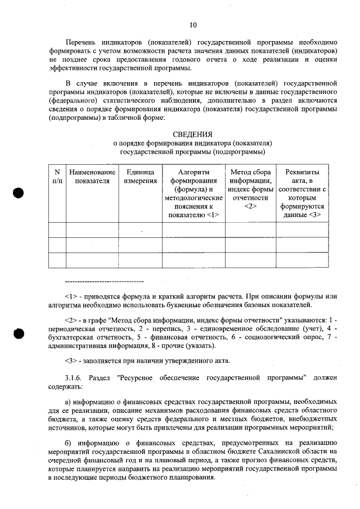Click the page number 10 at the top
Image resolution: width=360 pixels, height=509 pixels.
tap(193, 24)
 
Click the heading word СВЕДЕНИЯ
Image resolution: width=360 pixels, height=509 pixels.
tap(193, 134)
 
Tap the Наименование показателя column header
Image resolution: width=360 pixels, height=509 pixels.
tap(92, 177)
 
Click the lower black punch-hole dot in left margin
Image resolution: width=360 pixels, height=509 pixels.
tap(19, 333)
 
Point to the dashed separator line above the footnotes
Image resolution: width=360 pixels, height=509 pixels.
tap(105, 281)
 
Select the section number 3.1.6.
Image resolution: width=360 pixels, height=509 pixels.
tap(74, 377)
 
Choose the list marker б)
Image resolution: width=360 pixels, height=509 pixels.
tap(69, 442)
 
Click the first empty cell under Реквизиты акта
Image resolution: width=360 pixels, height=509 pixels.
tap(302, 230)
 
